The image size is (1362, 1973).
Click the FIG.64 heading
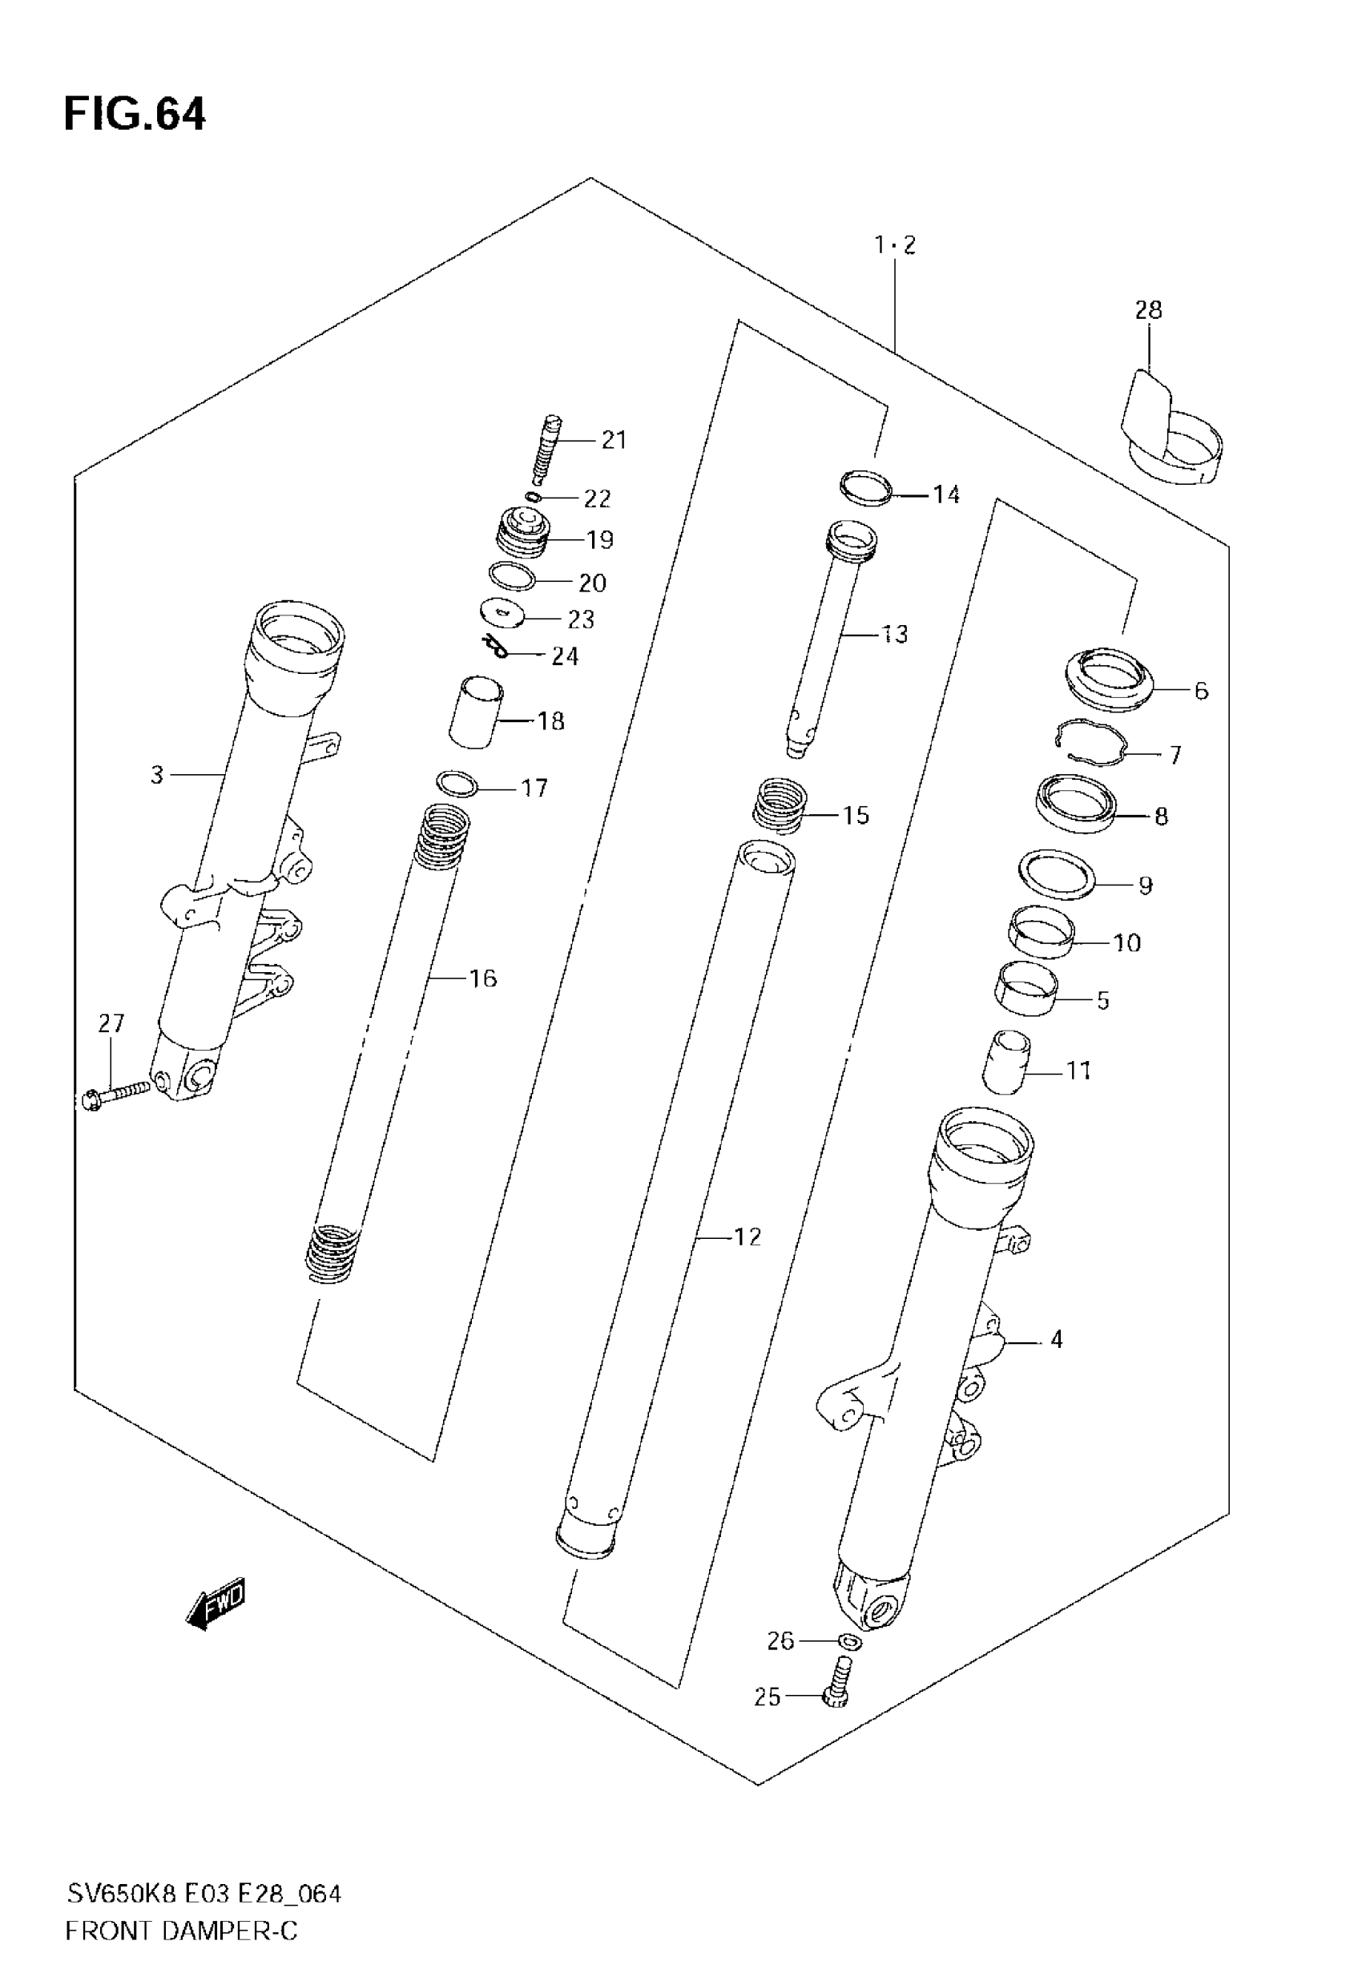(134, 115)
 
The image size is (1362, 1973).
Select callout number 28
(1148, 310)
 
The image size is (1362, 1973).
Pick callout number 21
(614, 440)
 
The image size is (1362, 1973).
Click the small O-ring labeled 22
(534, 497)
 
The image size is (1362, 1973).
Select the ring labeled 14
(866, 487)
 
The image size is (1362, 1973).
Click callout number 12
(747, 1237)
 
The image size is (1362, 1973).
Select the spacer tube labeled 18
(476, 712)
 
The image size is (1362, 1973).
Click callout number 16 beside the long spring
(483, 978)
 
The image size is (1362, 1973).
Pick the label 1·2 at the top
(894, 246)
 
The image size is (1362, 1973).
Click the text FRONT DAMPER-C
(181, 1931)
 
